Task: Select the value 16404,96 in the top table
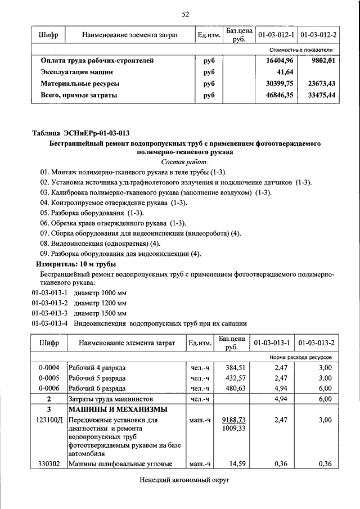click(x=280, y=61)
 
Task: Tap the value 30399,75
click(x=280, y=84)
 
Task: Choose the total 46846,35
click(x=280, y=96)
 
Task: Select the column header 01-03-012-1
click(x=276, y=35)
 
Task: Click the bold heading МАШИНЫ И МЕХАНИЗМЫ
click(x=119, y=409)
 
